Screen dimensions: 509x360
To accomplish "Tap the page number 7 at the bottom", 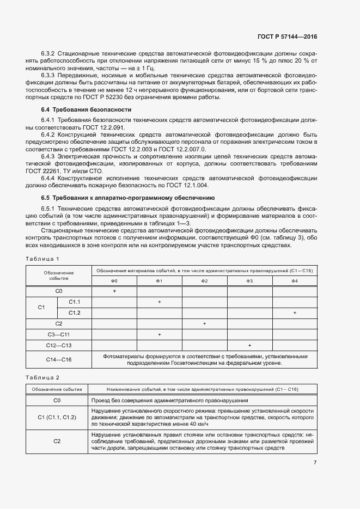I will [315, 463].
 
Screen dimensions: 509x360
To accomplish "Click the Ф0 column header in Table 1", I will [114, 280].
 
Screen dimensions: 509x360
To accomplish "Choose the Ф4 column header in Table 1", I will [295, 280].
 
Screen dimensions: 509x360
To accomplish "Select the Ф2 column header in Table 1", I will [204, 280].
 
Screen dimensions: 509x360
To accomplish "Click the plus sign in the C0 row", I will [114, 291].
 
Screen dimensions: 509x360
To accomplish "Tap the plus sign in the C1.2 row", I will [295, 312].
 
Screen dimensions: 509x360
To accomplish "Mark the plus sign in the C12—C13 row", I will [249, 345].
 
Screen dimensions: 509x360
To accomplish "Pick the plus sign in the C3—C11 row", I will [159, 334].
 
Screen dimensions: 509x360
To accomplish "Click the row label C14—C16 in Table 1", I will [59, 359].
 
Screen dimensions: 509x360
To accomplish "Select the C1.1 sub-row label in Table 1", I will [75, 302].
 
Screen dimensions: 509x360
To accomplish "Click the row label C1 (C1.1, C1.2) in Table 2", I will [57, 417].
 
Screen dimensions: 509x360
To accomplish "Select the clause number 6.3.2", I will [49, 55].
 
